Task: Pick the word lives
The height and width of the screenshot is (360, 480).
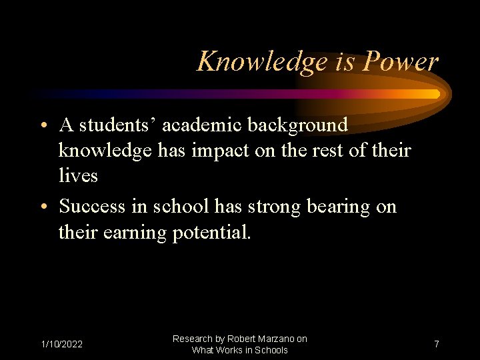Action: (x=78, y=176)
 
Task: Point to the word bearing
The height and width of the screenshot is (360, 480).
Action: (x=337, y=207)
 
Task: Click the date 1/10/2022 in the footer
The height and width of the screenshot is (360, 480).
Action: (x=62, y=344)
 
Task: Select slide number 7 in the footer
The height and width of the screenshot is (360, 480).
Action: (x=436, y=344)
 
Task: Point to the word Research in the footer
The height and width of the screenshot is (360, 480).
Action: (x=193, y=339)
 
